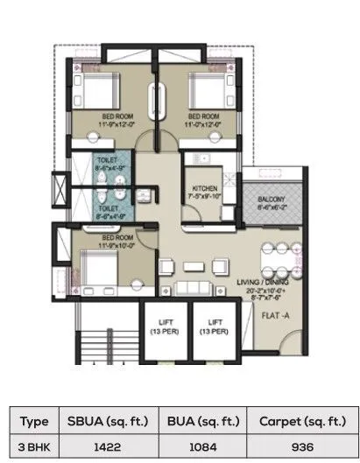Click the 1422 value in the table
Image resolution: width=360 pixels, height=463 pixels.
tap(102, 445)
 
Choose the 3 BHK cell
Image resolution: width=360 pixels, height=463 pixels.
tap(34, 445)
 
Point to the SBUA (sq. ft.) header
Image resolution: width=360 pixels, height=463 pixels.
tap(102, 421)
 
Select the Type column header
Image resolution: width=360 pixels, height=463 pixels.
tap(34, 421)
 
